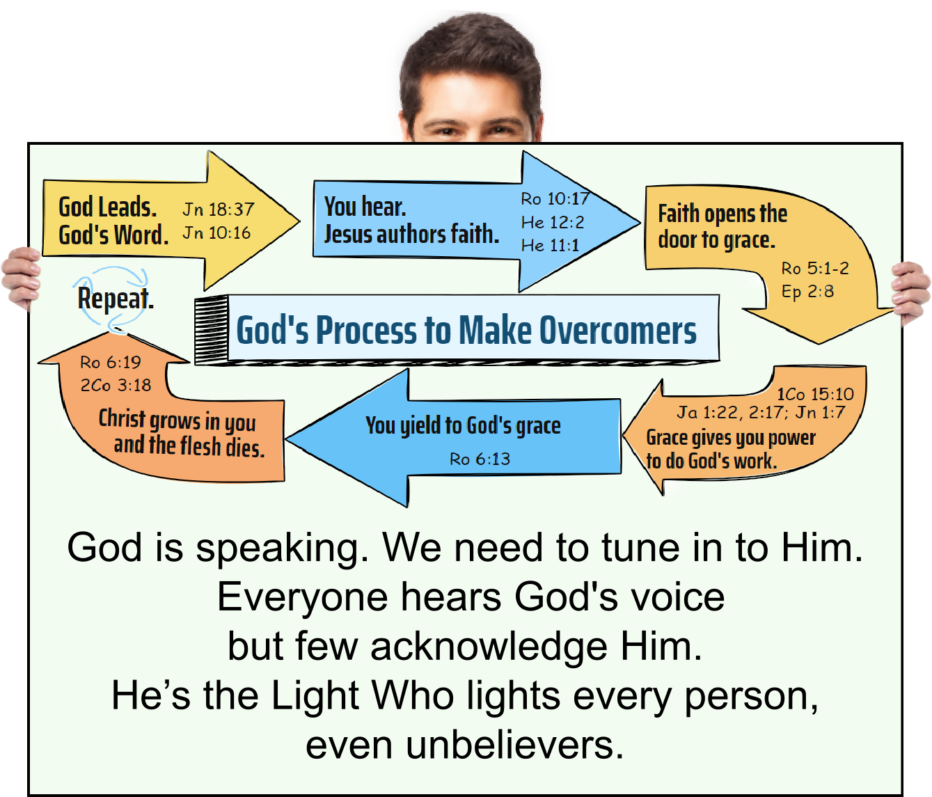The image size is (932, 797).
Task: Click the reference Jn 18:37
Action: [x=219, y=209]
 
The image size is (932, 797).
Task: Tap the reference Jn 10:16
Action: [x=216, y=232]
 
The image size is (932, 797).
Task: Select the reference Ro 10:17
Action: [x=555, y=199]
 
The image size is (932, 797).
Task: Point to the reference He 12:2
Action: [x=553, y=222]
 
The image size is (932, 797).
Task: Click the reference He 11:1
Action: [x=550, y=245]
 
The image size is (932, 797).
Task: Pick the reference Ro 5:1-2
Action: [x=814, y=268]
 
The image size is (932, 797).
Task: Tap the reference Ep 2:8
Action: [x=807, y=291]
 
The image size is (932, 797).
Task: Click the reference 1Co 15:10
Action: [x=815, y=394]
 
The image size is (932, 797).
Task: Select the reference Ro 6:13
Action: [x=480, y=459]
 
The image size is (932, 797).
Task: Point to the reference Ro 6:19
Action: [x=110, y=362]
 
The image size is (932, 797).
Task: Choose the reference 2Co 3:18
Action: [x=116, y=385]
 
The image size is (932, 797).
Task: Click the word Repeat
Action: [x=115, y=299]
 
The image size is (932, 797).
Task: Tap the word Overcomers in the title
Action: [x=617, y=330]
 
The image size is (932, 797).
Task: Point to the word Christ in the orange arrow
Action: [x=122, y=418]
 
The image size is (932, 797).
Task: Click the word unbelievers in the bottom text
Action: [x=514, y=745]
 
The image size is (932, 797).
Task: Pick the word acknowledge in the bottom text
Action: [x=489, y=646]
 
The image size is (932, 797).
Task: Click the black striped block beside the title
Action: [x=211, y=329]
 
